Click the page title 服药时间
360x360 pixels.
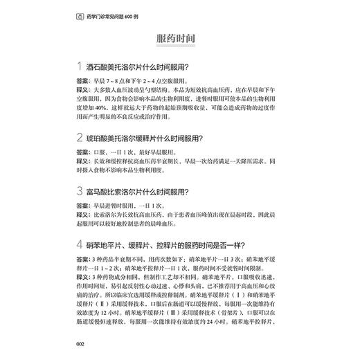(179, 39)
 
